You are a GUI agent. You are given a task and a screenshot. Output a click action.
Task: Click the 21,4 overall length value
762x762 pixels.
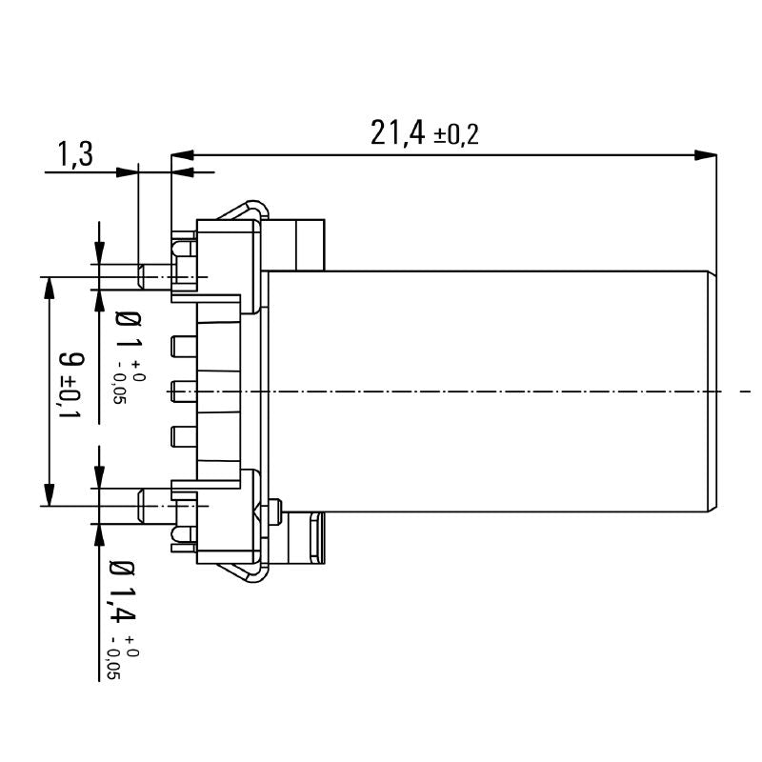tap(397, 132)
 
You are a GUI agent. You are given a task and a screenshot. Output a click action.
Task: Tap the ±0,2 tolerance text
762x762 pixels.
tap(456, 135)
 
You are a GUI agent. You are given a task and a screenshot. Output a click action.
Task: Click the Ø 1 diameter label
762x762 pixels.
tap(128, 330)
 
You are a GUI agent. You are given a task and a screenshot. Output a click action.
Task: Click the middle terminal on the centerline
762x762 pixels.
tap(182, 391)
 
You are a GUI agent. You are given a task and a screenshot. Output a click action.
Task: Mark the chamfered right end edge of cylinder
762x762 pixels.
tap(713, 391)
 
